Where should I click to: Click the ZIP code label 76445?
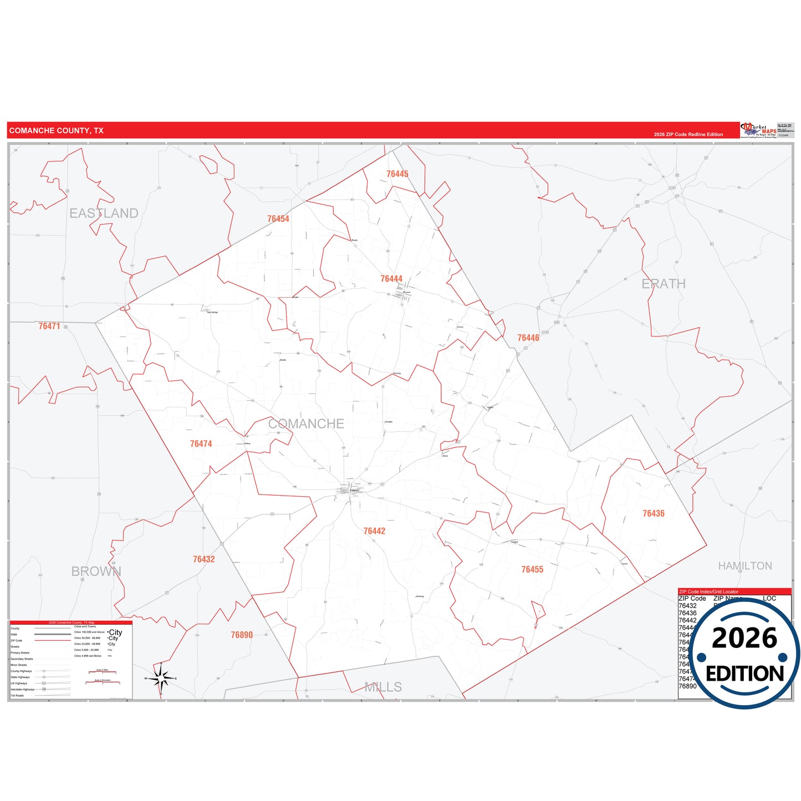(397, 174)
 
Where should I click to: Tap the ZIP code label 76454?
(278, 219)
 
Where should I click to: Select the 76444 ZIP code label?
(391, 279)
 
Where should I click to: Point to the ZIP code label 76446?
(528, 338)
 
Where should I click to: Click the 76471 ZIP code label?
(49, 326)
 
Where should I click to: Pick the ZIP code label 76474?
(201, 444)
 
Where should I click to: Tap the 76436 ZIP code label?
(654, 514)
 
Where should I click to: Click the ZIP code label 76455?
(532, 570)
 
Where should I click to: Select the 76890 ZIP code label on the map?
(242, 635)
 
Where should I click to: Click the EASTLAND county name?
(104, 213)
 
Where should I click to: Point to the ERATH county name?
(664, 284)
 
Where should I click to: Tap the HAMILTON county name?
(745, 566)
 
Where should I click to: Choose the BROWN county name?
(96, 572)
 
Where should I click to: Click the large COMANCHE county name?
(306, 424)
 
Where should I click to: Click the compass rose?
(161, 678)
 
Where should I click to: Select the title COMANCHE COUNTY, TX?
(57, 131)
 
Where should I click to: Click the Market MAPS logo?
(759, 130)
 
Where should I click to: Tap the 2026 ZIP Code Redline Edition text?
(688, 135)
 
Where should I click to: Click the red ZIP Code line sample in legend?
(53, 641)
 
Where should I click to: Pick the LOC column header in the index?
(769, 599)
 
